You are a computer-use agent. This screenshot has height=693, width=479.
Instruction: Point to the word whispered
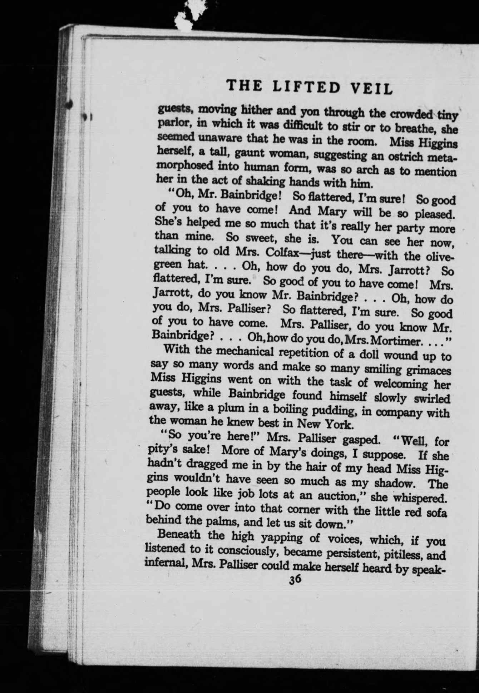(420, 498)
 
